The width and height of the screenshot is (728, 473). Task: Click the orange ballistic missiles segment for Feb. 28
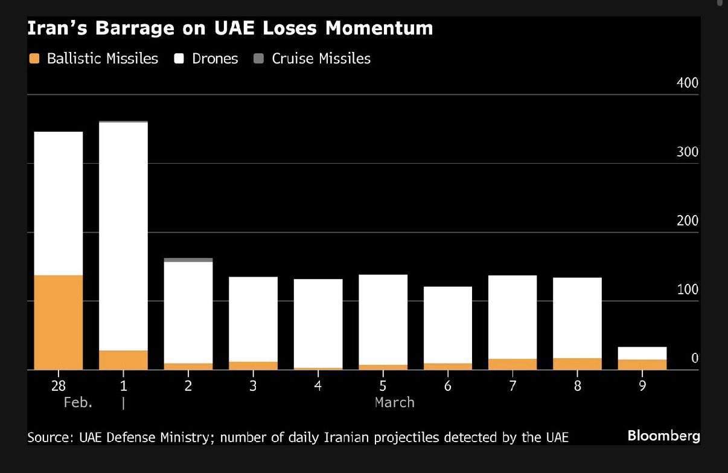[59, 322]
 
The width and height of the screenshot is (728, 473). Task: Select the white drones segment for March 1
[123, 236]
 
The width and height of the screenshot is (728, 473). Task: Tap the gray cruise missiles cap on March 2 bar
[188, 260]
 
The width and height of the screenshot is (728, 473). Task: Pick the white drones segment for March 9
[642, 353]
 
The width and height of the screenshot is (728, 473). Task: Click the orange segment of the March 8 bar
[578, 363]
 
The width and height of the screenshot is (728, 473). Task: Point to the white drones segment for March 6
[448, 324]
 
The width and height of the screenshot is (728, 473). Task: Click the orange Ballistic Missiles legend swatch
[34, 59]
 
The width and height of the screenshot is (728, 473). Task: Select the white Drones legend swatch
[179, 59]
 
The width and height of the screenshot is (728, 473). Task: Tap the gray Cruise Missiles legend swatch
[259, 59]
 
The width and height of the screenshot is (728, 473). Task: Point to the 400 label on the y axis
[687, 83]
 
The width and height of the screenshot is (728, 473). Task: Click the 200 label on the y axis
[687, 220]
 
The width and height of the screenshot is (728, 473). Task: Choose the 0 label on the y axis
[694, 358]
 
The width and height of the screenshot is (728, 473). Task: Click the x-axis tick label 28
[59, 385]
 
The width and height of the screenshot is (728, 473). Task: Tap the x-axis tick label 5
[383, 385]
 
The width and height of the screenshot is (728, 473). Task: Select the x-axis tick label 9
[642, 385]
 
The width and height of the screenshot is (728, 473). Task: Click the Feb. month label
[78, 402]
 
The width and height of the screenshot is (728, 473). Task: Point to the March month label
[394, 402]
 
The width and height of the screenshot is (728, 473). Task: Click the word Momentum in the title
[372, 28]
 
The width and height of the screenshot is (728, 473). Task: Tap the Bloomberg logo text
[663, 436]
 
